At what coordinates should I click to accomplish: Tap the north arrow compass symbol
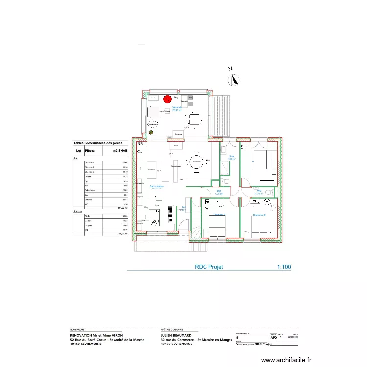tap(235, 79)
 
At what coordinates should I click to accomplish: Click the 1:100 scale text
tap(284, 267)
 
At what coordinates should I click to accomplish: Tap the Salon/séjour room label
tap(157, 186)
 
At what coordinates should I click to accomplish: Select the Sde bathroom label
tap(231, 157)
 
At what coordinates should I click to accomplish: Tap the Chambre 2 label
tap(259, 215)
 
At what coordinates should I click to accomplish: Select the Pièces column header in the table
tap(90, 151)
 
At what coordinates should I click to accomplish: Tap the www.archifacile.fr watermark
tap(286, 360)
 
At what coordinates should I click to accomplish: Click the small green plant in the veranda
tap(151, 132)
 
